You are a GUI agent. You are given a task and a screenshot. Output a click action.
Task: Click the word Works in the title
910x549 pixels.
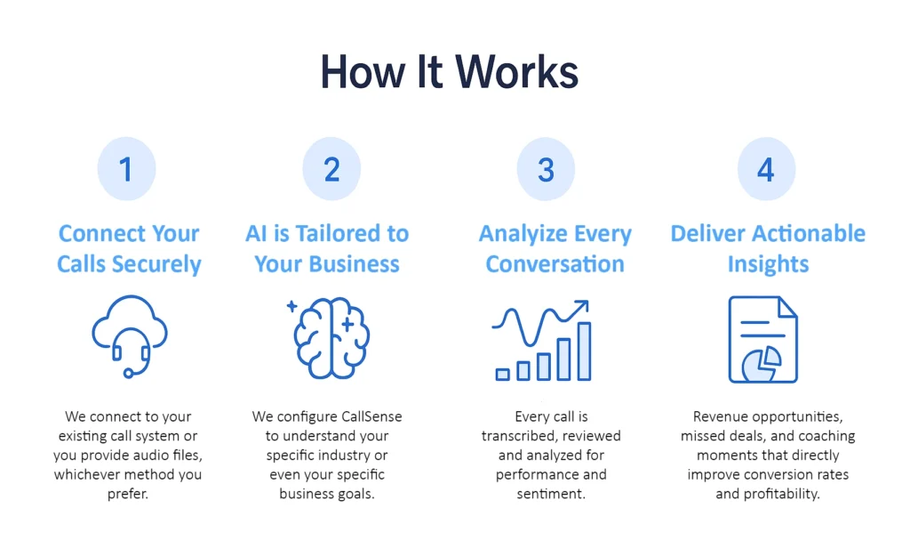pyautogui.click(x=516, y=72)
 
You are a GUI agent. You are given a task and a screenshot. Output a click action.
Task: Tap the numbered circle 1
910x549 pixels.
pyautogui.click(x=126, y=169)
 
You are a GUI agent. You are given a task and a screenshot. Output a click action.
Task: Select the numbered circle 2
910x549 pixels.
pyautogui.click(x=331, y=169)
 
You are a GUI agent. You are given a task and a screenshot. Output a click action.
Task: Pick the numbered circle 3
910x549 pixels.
pyautogui.click(x=546, y=169)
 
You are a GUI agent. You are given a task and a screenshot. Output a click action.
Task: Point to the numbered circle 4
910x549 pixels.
pyautogui.click(x=766, y=169)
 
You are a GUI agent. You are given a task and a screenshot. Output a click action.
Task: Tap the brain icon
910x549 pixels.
pyautogui.click(x=329, y=337)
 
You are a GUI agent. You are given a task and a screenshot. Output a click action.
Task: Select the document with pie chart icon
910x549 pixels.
pyautogui.click(x=763, y=339)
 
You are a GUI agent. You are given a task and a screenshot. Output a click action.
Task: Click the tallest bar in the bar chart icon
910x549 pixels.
pyautogui.click(x=585, y=351)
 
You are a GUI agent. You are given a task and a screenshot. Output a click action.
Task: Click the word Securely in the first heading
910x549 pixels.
pyautogui.click(x=156, y=264)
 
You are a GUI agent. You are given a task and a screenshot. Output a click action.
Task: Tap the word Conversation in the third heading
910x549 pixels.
pyautogui.click(x=555, y=264)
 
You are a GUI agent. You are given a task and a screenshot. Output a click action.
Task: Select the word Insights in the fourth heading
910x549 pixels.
pyautogui.click(x=768, y=264)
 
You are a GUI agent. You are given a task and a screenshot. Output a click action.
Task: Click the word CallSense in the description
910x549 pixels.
pyautogui.click(x=371, y=416)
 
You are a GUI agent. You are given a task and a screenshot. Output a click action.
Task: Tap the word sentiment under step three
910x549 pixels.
pyautogui.click(x=551, y=494)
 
